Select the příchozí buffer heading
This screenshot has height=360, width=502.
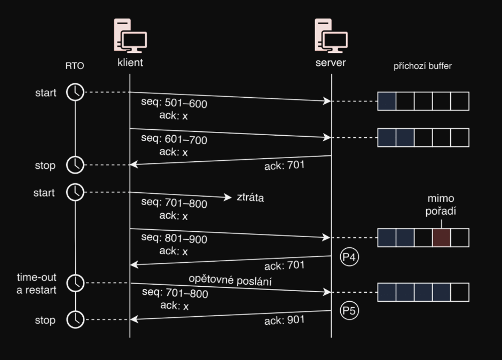coord(423,66)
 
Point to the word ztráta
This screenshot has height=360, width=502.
coord(250,198)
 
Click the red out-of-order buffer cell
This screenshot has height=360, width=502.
coord(441,237)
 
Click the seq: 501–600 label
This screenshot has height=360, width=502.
coord(174,104)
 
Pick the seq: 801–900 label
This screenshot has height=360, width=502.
coord(174,240)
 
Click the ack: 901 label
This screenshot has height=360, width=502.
coord(284,320)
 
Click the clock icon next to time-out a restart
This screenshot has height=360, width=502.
coord(75,283)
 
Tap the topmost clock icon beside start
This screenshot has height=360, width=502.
coord(75,92)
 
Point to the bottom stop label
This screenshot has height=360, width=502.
coord(45,320)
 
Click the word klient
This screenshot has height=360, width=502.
coord(130,62)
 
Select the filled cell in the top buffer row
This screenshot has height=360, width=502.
coord(387,101)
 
